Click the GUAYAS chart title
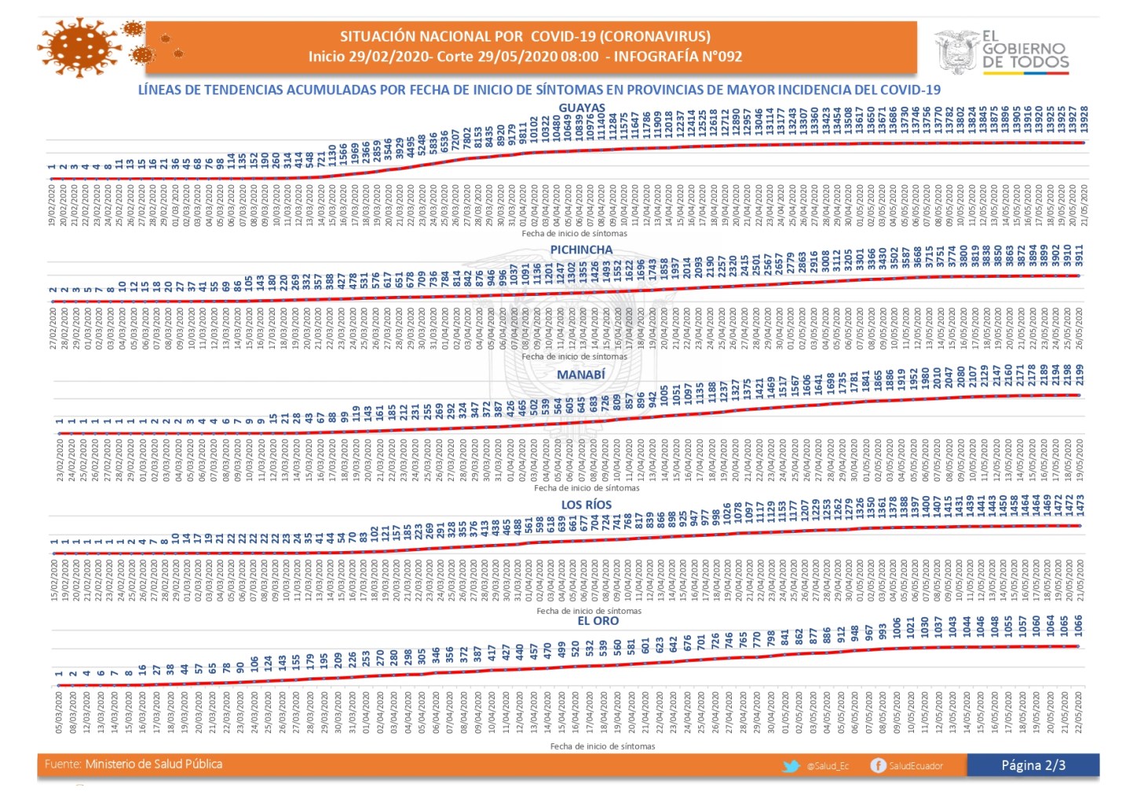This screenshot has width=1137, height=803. point(582,108)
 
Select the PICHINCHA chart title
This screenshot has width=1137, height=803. point(581,250)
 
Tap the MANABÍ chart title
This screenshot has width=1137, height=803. point(581,374)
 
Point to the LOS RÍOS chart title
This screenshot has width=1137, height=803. point(587,505)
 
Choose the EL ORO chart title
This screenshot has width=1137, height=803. point(598,621)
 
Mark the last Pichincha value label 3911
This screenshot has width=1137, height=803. point(1079,256)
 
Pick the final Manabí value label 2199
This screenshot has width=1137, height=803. point(1080,375)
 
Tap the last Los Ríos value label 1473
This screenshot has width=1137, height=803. point(1080,506)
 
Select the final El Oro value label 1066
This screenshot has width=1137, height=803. point(1078,626)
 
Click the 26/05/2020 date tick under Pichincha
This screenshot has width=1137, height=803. point(1079,329)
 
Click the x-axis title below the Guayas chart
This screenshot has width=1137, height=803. point(575,233)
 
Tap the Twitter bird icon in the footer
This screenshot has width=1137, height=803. point(791,765)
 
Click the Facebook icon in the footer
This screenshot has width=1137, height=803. point(878,765)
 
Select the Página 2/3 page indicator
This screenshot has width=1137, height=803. point(1033,765)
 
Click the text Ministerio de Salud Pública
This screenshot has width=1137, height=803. point(154,764)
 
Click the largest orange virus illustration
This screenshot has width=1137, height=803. point(78,47)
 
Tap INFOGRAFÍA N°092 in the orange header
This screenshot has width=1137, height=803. point(678,57)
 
